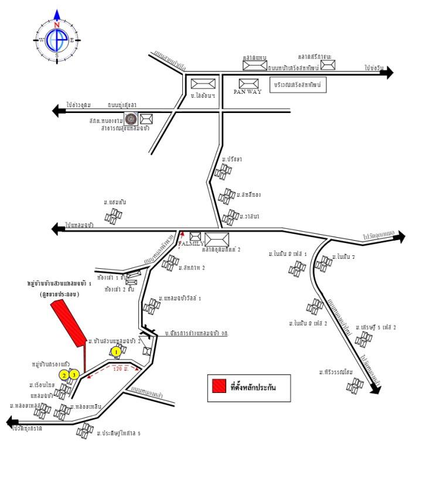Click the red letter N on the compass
pyautogui.click(x=57, y=25)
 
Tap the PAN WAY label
pyautogui.click(x=248, y=93)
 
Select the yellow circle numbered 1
pyautogui.click(x=116, y=351)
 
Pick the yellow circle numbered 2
pyautogui.click(x=64, y=375)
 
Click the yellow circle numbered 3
pyautogui.click(x=74, y=375)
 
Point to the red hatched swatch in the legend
pyautogui.click(x=219, y=387)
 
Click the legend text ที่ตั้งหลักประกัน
pyautogui.click(x=253, y=387)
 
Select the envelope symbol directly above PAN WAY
pyautogui.click(x=249, y=84)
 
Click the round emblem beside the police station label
pyautogui.click(x=131, y=119)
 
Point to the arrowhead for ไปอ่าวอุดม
pyautogui.click(x=57, y=110)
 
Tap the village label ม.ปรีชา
pyautogui.click(x=232, y=159)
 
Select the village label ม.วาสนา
pyautogui.click(x=249, y=216)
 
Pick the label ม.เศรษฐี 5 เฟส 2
pyautogui.click(x=376, y=327)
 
